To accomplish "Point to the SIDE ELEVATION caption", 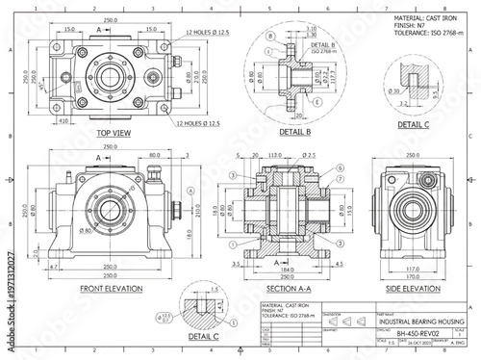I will click(x=414, y=287).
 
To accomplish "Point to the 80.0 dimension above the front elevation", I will click(x=155, y=154).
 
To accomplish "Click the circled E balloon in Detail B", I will click(x=318, y=100).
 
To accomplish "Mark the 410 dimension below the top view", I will click(x=63, y=122).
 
